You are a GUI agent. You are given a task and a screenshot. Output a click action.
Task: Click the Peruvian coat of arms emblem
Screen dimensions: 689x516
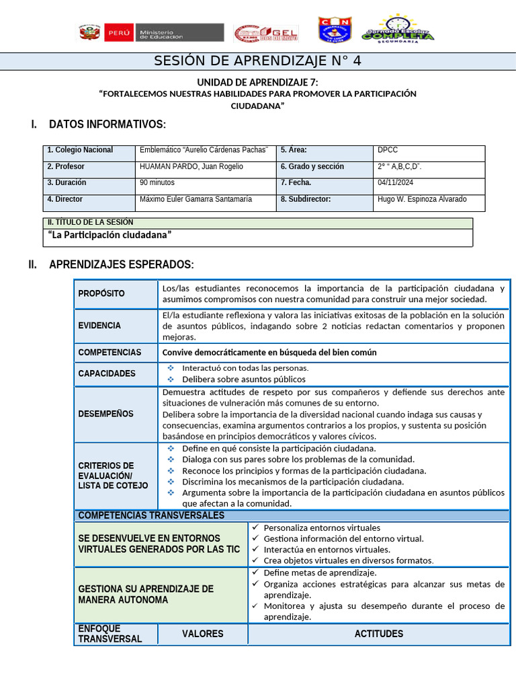pos(89,32)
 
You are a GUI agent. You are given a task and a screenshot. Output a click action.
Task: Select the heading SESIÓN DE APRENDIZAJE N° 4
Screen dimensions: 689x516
pos(258,61)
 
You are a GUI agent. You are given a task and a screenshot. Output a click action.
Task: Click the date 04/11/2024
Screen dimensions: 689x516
pos(396,182)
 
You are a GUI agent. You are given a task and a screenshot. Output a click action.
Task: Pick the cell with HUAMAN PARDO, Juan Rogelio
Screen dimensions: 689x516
pos(191,166)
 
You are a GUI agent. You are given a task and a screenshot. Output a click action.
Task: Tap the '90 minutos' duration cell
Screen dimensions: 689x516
pos(157,182)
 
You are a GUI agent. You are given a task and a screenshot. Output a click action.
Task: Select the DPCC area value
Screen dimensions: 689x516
pos(388,150)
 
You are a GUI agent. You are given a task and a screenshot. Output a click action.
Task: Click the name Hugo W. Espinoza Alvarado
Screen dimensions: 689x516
pos(422,199)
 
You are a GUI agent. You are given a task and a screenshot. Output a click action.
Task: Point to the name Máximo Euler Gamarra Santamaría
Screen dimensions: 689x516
pos(196,199)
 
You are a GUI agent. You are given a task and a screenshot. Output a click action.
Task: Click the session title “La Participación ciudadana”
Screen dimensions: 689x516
pos(110,235)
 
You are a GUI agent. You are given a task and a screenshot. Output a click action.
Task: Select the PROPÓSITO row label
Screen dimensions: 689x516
pos(101,293)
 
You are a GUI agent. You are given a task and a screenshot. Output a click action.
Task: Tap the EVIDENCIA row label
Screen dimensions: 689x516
pos(99,326)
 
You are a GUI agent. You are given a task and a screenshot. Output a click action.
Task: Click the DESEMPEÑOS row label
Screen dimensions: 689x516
pos(105,414)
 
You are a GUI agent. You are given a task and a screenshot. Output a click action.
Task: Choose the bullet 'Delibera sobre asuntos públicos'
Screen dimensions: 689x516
pos(243,379)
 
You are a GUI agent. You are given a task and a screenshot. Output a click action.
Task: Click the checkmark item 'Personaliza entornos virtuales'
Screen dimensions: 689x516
pos(321,528)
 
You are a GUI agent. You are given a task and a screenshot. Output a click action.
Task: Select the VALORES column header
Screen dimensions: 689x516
pos(202,634)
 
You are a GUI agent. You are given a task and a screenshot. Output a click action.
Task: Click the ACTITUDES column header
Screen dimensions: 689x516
pos(379,634)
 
